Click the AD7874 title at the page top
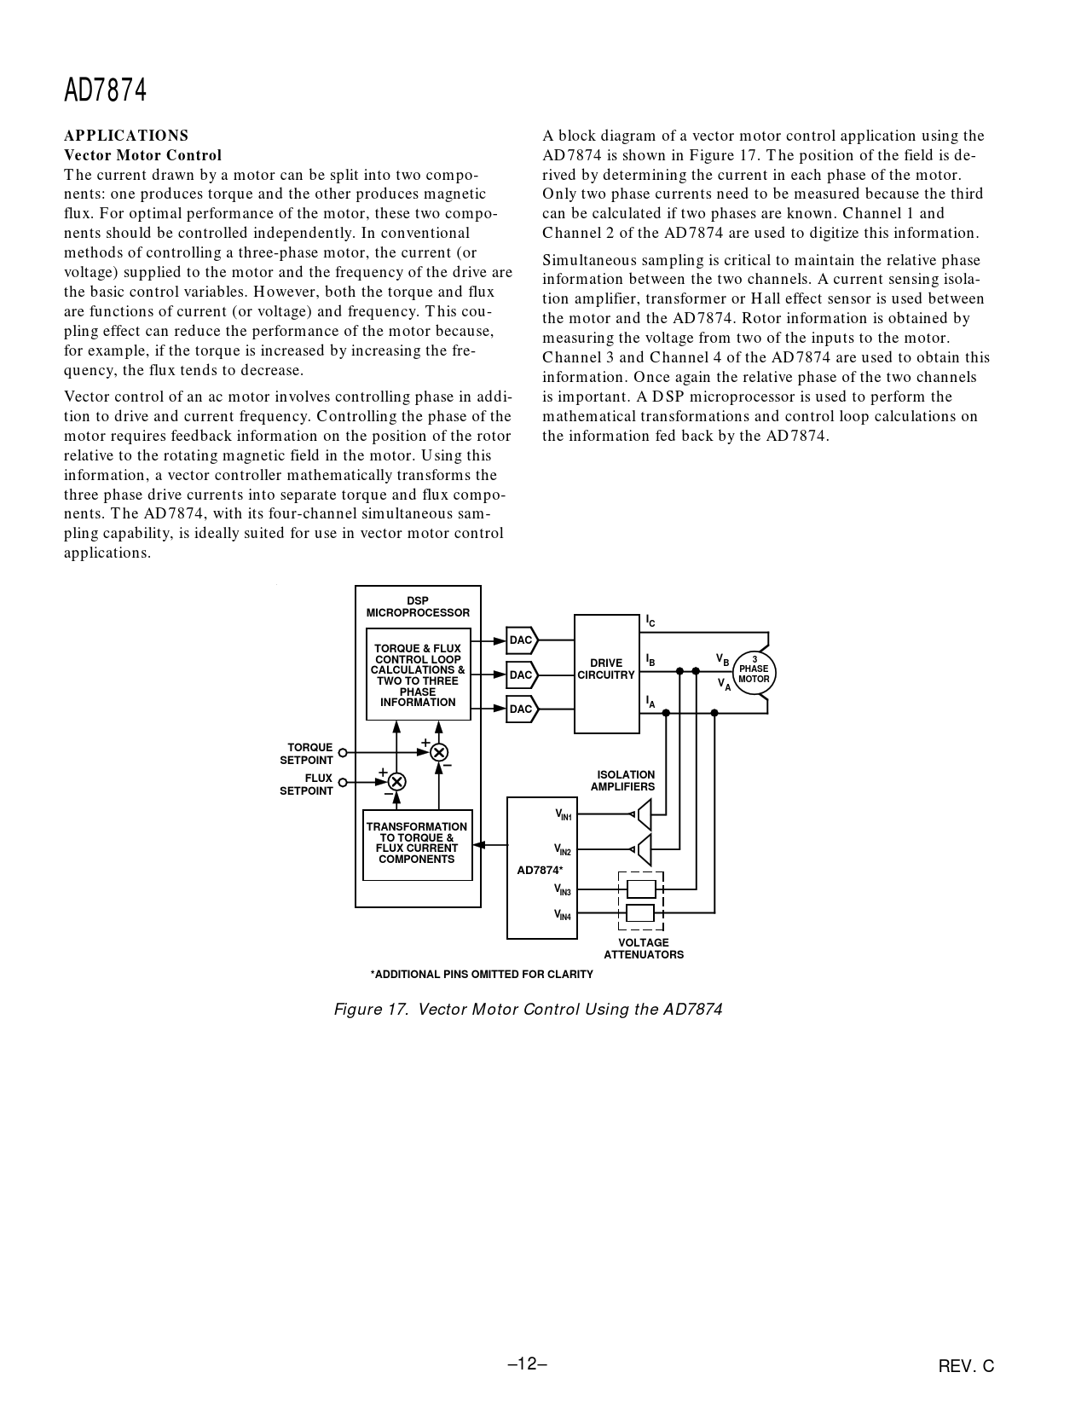(x=106, y=90)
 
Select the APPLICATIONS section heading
(x=126, y=136)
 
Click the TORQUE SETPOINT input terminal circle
(x=343, y=753)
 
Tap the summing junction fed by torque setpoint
(x=439, y=752)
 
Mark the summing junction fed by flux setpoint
(x=396, y=781)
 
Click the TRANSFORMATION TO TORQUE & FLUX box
(x=417, y=844)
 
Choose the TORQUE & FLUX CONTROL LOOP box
(x=418, y=675)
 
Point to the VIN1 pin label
(x=563, y=815)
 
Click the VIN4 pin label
(x=563, y=915)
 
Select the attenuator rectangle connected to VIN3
(x=641, y=889)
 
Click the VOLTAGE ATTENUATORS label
(x=644, y=948)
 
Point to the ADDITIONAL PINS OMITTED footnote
(x=482, y=975)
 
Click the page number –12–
(x=527, y=1364)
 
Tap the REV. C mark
(x=966, y=1367)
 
